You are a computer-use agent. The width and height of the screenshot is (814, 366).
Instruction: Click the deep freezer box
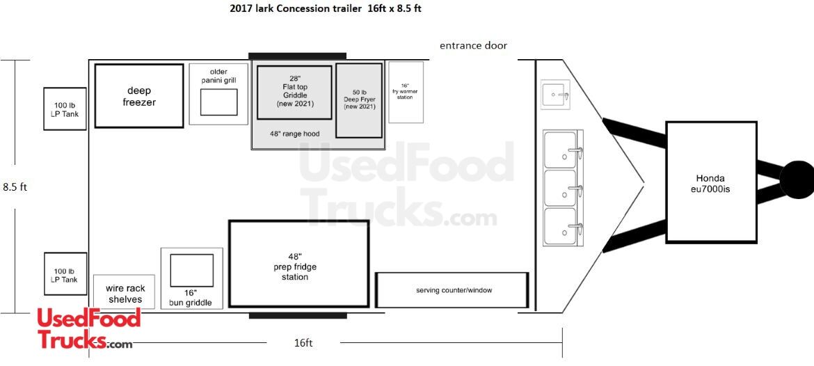click(x=139, y=96)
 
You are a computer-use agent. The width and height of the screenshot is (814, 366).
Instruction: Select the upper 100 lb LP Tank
click(x=65, y=109)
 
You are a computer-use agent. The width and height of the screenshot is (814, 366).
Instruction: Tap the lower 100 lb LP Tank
click(x=65, y=273)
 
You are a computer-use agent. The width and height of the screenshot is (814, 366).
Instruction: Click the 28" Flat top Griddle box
click(x=294, y=93)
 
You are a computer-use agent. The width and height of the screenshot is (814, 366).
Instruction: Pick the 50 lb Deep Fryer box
click(x=359, y=101)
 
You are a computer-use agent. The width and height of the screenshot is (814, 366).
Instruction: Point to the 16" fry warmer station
click(x=406, y=92)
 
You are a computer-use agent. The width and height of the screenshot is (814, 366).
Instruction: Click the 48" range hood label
click(x=294, y=134)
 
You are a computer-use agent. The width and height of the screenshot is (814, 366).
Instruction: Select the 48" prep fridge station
click(x=299, y=264)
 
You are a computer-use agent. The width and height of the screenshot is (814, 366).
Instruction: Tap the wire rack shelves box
click(x=125, y=292)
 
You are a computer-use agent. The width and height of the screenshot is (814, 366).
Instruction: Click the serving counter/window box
click(x=452, y=289)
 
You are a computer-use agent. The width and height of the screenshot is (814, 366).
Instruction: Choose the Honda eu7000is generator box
click(x=711, y=182)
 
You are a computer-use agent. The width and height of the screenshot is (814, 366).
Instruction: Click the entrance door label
click(x=474, y=46)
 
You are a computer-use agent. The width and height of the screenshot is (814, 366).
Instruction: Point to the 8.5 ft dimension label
click(x=15, y=187)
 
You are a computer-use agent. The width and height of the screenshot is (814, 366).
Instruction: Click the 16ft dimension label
click(x=303, y=342)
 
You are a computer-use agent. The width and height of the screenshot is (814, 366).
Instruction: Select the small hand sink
click(x=555, y=95)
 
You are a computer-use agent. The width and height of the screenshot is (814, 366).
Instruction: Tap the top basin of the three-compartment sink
click(x=560, y=149)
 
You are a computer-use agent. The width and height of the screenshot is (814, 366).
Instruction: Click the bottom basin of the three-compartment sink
click(x=560, y=226)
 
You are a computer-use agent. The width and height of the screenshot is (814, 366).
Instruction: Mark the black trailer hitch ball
click(x=797, y=180)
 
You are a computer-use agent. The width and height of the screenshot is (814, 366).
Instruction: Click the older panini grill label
click(x=222, y=76)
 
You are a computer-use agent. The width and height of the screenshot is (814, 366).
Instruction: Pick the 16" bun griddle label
click(x=191, y=298)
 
